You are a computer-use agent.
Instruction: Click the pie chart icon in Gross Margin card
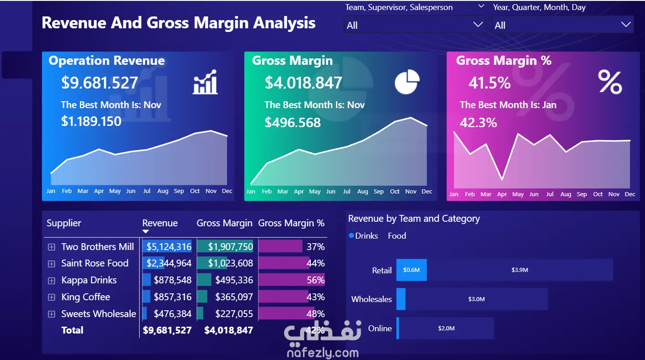(x=407, y=82)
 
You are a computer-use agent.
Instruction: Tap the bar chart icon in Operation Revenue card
(x=205, y=82)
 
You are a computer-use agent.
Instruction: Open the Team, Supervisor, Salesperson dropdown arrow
(x=478, y=25)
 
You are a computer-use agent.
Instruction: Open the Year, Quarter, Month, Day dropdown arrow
(x=626, y=25)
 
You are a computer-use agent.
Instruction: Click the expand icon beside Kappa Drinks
(x=52, y=281)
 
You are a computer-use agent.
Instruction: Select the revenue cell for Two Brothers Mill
(x=169, y=247)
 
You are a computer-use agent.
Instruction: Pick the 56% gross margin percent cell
(x=315, y=280)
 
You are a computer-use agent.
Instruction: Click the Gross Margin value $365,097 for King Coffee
(x=234, y=297)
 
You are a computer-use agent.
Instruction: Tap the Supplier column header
(x=64, y=223)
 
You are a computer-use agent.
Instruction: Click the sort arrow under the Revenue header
(x=146, y=231)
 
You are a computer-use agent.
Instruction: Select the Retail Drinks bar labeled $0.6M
(x=411, y=270)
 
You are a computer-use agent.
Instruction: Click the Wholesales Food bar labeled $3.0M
(x=476, y=299)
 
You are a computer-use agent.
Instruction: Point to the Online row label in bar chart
(x=380, y=329)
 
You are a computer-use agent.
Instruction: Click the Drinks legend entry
(x=363, y=236)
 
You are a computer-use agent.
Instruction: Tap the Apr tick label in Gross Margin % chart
(x=502, y=194)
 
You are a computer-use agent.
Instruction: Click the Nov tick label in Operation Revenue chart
(x=211, y=191)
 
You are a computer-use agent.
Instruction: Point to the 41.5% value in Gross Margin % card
(x=489, y=83)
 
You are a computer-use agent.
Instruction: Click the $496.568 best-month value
(x=293, y=123)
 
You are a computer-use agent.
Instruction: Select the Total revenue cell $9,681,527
(x=167, y=330)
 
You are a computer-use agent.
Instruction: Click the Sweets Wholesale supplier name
(x=99, y=313)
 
